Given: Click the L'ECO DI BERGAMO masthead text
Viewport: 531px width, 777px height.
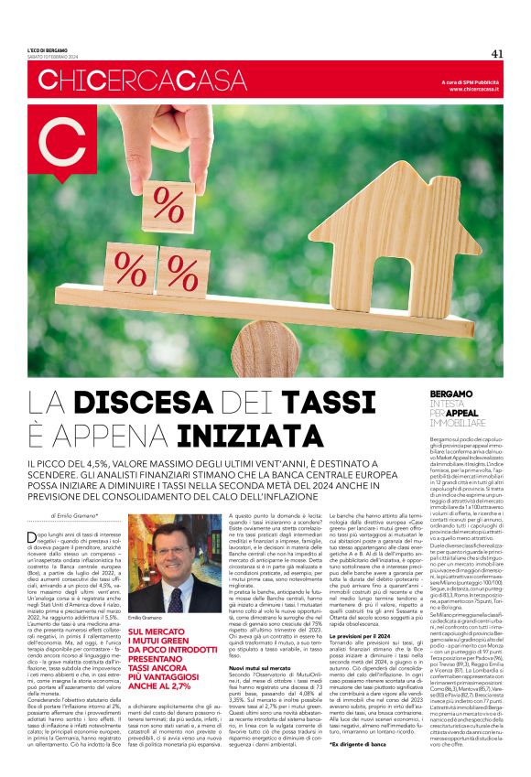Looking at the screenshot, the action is click(47, 49).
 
